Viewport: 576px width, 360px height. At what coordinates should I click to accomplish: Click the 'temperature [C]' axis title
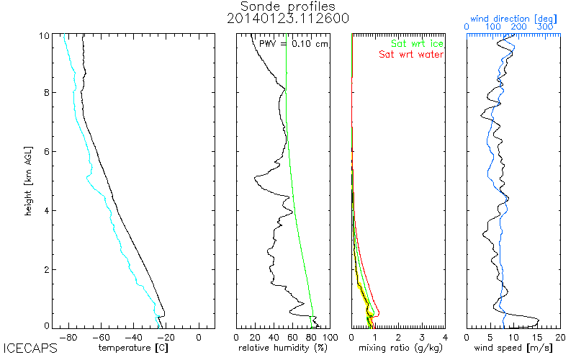coord(134,348)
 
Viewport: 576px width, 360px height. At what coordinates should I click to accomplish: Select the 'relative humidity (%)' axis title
coord(283,348)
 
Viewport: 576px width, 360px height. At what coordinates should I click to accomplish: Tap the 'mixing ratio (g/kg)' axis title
coord(397,348)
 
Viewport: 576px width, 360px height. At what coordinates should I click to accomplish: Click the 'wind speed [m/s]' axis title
coord(513,348)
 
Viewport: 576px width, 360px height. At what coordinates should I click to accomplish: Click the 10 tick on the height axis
coord(44,35)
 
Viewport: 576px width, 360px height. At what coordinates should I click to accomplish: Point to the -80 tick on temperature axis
coord(69,336)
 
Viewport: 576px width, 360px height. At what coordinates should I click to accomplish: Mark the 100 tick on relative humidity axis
coord(329,336)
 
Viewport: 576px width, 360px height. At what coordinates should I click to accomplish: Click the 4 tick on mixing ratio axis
coord(445,336)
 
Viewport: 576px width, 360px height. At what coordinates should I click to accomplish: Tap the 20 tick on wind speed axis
coord(560,336)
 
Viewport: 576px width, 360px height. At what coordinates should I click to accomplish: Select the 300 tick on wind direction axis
coord(545,27)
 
